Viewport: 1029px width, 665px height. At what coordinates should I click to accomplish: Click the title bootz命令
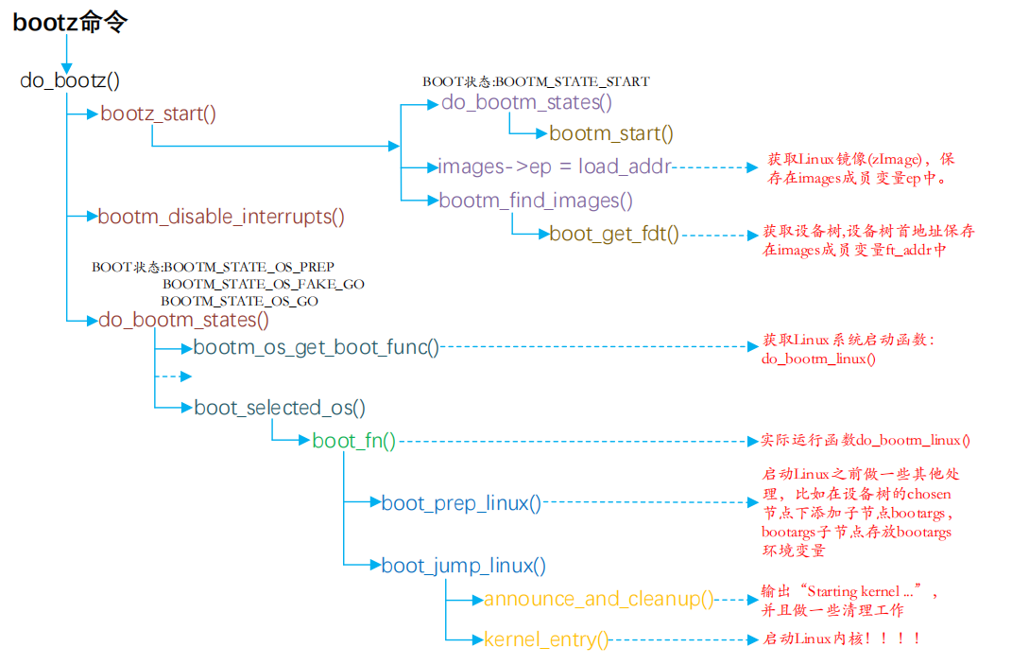70,24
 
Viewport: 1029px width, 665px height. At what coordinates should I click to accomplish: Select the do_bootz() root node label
70,80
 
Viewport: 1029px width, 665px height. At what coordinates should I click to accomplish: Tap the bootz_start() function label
158,114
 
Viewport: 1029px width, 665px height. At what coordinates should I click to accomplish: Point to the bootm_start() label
610,133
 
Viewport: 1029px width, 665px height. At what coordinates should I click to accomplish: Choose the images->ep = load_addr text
554,166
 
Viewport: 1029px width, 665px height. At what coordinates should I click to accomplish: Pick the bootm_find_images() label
535,201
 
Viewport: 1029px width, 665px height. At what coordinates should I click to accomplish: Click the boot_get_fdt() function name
613,234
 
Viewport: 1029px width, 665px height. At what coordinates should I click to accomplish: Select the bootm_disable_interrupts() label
221,217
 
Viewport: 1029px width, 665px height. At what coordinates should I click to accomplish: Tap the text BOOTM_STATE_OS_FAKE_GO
263,284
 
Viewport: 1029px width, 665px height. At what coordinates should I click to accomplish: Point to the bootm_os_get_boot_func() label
317,347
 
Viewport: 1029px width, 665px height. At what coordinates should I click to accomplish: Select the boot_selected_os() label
280,408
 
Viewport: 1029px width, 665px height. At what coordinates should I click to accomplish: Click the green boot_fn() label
353,440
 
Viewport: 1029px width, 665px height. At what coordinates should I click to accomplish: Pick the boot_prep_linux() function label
461,503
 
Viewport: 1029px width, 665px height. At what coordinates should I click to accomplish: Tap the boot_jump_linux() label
463,566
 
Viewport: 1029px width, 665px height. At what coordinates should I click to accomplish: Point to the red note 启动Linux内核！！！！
841,639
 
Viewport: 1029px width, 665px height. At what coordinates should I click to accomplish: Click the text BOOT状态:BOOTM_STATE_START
536,82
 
